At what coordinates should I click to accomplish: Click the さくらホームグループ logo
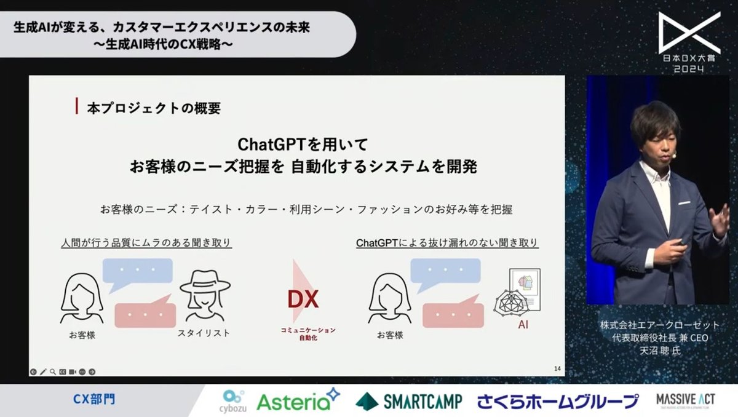coord(558,402)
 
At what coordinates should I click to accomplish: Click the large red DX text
coord(303,300)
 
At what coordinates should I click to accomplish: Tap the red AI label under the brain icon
coord(523,324)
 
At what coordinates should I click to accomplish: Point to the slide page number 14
coord(557,368)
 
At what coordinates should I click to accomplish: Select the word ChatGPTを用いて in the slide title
coord(303,145)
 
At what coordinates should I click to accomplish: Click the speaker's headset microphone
coord(674,156)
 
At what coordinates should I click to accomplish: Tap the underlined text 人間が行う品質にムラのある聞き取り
coord(147,243)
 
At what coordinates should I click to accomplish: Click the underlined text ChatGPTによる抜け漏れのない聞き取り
coord(447,243)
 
